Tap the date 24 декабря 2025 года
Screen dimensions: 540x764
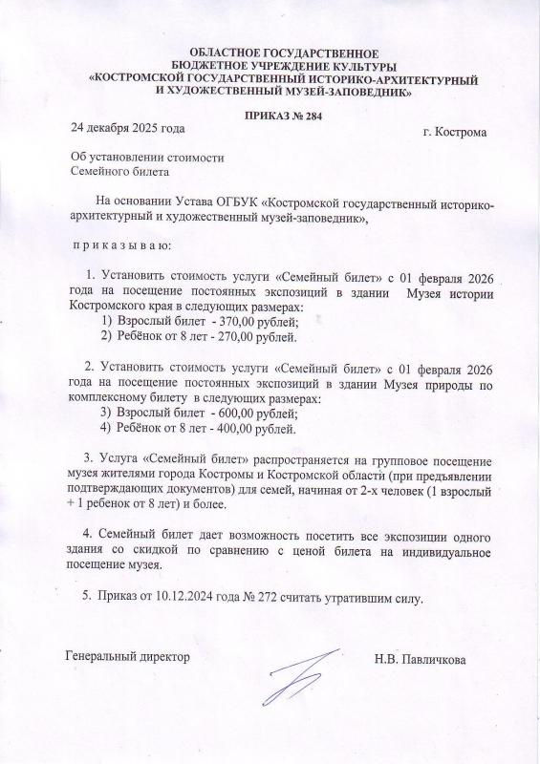pyautogui.click(x=127, y=127)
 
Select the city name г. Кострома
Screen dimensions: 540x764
pyautogui.click(x=454, y=132)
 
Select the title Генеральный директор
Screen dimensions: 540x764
pyautogui.click(x=126, y=657)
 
